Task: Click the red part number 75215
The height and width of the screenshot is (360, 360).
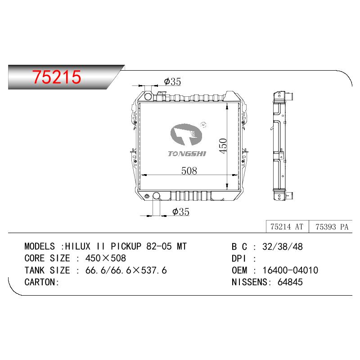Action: tap(57, 77)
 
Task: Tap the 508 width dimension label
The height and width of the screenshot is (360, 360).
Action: tap(189, 171)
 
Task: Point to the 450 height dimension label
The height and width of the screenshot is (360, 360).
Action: tap(223, 146)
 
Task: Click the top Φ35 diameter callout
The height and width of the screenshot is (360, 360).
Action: tap(172, 81)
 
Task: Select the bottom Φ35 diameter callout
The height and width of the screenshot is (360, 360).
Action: tap(181, 211)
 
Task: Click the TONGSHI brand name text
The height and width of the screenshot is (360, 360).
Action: tap(187, 153)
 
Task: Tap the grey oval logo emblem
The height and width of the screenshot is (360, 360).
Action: tap(186, 135)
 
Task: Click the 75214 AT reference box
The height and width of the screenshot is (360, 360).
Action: tap(287, 227)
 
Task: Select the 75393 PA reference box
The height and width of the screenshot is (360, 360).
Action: tap(331, 227)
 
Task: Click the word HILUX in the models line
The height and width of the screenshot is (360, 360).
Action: tap(78, 246)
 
